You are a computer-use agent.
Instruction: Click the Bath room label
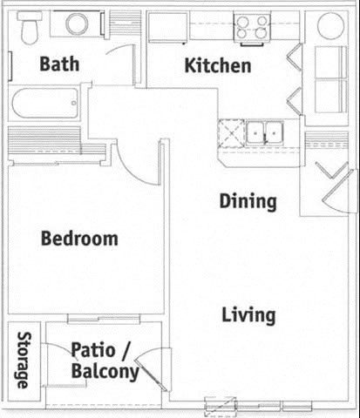pos(58,64)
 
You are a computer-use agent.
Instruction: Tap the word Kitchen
pos(217,65)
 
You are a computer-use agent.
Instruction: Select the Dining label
pos(248,201)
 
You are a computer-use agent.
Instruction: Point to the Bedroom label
pos(79,238)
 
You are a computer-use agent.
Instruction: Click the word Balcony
pos(105,373)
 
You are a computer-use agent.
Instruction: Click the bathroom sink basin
pos(70,25)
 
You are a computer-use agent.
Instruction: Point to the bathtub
pos(45,106)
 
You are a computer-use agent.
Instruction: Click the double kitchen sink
pos(265,132)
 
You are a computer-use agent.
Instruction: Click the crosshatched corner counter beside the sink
pos(231,133)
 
